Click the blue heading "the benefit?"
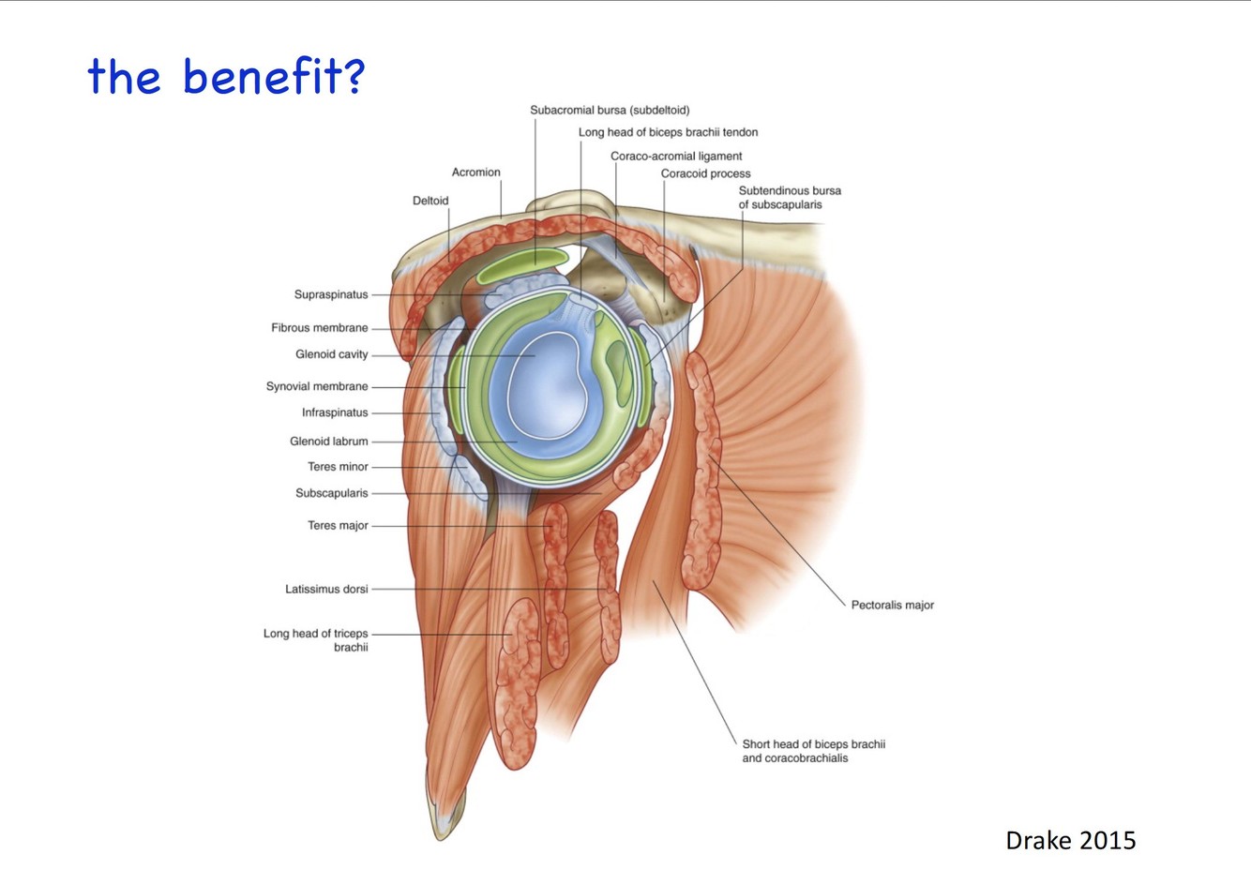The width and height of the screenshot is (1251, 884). coord(225,76)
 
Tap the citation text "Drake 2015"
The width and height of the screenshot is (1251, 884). coord(1070,840)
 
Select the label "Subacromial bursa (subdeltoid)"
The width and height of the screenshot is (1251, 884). coord(610,110)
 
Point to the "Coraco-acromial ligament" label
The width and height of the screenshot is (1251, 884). coord(676,156)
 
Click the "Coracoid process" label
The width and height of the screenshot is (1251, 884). coord(705,173)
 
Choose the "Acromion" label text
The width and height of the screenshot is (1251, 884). coord(475,172)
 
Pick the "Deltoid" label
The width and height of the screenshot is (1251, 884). coord(430,201)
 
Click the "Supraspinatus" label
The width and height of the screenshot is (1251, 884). coord(331,294)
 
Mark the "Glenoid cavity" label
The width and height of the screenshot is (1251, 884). coord(332,354)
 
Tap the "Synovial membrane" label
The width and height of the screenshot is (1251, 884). coord(317,386)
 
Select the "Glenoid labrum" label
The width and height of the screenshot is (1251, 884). coord(329,441)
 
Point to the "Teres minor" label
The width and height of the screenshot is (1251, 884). coord(338,467)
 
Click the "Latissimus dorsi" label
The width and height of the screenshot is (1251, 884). coord(326,589)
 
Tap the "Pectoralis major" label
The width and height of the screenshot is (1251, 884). coord(892,605)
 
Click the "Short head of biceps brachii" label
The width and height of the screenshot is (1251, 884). coord(813,744)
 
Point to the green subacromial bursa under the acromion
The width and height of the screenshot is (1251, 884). coord(522,266)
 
